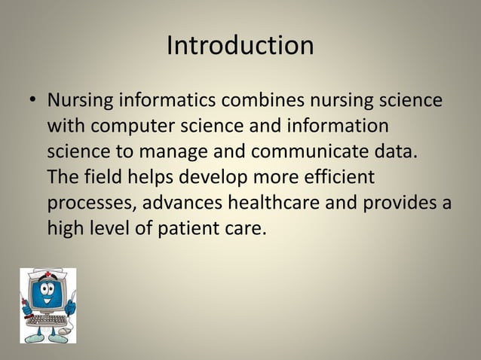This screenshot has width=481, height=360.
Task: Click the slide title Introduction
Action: [240, 45]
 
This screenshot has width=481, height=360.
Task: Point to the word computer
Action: [139, 125]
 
